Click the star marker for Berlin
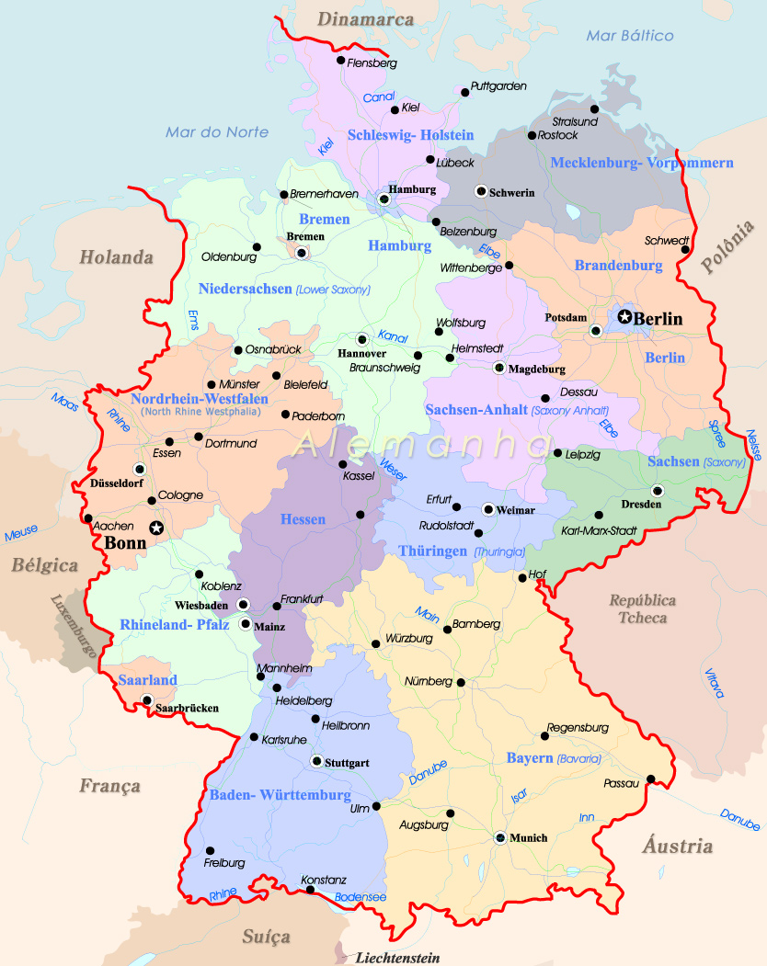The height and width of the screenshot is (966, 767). [625, 317]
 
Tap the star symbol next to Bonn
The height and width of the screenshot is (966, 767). [156, 528]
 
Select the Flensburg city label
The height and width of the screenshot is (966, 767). [372, 63]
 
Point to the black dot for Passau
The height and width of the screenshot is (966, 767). [650, 780]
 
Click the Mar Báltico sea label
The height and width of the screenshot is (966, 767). [630, 36]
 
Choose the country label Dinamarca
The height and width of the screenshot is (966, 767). [366, 18]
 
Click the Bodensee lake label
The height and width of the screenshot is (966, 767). [360, 897]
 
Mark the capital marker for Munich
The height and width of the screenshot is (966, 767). [499, 837]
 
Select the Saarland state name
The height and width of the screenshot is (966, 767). [147, 680]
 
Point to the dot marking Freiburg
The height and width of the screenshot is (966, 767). [210, 850]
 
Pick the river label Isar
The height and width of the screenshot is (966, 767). [520, 796]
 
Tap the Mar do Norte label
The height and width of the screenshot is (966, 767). [217, 132]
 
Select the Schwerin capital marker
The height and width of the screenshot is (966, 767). [480, 191]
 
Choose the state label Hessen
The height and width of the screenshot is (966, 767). [303, 519]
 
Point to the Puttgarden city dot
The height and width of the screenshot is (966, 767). [464, 92]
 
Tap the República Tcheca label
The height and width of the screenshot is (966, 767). [643, 608]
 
